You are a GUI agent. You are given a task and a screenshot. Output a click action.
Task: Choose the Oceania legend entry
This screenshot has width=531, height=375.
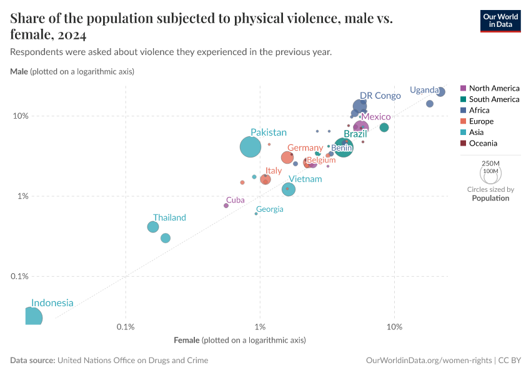483,143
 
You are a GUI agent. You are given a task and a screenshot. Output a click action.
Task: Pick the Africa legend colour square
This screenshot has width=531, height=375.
463,110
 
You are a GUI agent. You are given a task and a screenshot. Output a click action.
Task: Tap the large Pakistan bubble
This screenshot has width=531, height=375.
251,147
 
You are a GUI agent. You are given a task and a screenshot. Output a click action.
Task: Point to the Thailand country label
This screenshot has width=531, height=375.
169,217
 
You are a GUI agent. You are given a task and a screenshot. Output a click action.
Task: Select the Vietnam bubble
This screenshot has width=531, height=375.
288,189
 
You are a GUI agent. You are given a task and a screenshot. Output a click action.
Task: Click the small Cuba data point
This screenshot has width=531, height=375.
226,206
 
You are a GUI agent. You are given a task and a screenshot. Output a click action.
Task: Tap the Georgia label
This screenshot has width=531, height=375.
269,209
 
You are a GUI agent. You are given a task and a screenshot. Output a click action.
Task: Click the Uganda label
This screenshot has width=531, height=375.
424,90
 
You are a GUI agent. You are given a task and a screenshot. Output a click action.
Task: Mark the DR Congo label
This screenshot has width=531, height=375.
380,96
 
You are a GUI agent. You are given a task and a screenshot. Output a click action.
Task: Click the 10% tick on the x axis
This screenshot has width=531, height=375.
394,327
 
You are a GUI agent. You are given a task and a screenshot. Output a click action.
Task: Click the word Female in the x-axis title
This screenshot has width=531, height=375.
187,340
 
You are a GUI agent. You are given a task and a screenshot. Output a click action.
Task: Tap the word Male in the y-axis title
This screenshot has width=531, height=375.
19,72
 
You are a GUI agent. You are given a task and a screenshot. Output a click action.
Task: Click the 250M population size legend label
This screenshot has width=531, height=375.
490,162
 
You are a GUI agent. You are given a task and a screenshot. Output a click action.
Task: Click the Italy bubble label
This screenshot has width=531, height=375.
273,171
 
